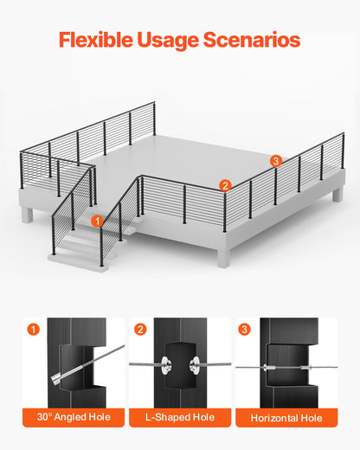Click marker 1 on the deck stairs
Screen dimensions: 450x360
[97, 222]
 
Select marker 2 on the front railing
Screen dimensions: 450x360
[224, 184]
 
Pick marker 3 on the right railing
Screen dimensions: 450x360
[275, 160]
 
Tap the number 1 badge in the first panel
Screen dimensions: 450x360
[34, 329]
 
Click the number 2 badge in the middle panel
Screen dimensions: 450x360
[140, 329]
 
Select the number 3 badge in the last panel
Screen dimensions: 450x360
[245, 329]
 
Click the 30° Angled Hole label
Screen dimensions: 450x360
[74, 418]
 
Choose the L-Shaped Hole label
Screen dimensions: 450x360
[179, 418]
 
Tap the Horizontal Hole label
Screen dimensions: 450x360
[286, 418]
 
